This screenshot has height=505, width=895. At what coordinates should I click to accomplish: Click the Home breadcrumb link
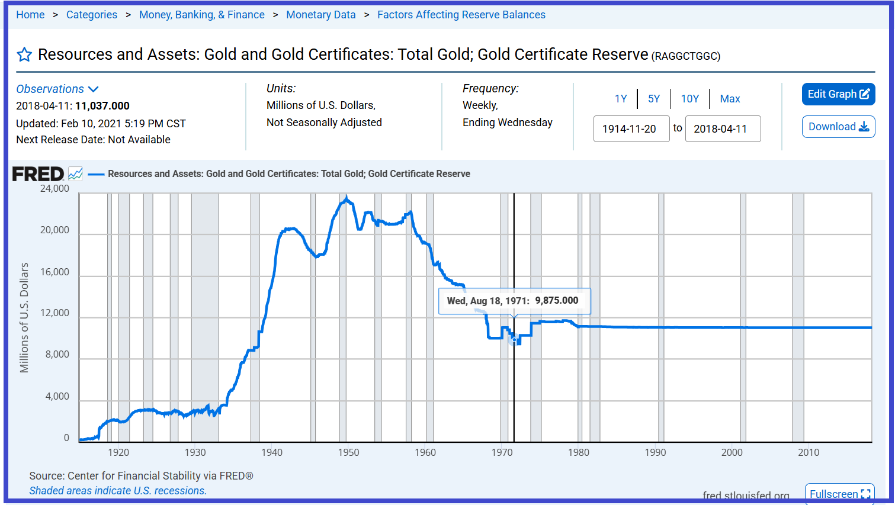[x=30, y=15]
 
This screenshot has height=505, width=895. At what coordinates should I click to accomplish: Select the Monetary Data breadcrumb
[x=320, y=15]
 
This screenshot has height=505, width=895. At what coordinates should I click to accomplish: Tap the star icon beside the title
[x=24, y=55]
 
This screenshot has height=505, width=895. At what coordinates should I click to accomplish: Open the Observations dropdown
[x=57, y=89]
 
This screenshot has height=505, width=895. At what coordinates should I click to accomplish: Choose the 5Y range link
[x=653, y=99]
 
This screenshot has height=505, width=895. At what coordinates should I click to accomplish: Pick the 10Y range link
[x=689, y=99]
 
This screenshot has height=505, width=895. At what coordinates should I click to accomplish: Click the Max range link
[x=730, y=99]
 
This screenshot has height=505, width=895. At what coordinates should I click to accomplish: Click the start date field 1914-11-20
[x=631, y=128]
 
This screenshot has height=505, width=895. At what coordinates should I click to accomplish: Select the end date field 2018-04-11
[x=722, y=128]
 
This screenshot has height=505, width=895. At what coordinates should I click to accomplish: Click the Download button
[x=838, y=127]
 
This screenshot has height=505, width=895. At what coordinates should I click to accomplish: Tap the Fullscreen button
[x=839, y=494]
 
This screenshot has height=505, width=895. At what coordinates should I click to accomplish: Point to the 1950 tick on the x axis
[x=348, y=452]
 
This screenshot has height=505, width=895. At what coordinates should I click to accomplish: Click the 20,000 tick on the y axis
[x=54, y=230]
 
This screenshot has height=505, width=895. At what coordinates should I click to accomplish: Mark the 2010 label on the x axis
[x=808, y=452]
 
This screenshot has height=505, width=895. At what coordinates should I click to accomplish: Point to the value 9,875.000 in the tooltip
[x=556, y=300]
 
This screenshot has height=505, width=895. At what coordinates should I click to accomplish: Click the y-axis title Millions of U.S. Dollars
[x=24, y=317]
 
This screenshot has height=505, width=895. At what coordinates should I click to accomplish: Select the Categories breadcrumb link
[x=92, y=15]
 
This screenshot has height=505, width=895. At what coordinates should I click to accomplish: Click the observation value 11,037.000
[x=102, y=106]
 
